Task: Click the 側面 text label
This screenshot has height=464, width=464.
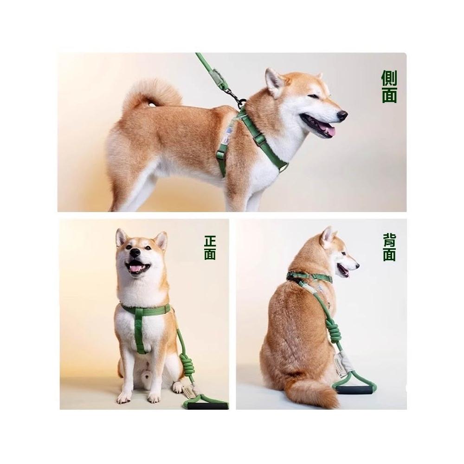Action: [389, 86]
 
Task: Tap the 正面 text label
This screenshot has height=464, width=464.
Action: [210, 248]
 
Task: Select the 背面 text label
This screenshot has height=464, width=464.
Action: [389, 247]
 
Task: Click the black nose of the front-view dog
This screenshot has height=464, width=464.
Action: [135, 252]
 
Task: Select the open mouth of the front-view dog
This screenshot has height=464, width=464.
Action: [137, 267]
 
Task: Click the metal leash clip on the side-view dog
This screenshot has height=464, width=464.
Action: [234, 95]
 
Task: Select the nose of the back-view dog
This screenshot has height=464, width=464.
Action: [358, 264]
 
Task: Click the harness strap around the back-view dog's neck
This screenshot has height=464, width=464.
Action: [309, 277]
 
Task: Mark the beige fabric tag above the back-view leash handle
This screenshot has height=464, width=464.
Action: [340, 362]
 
